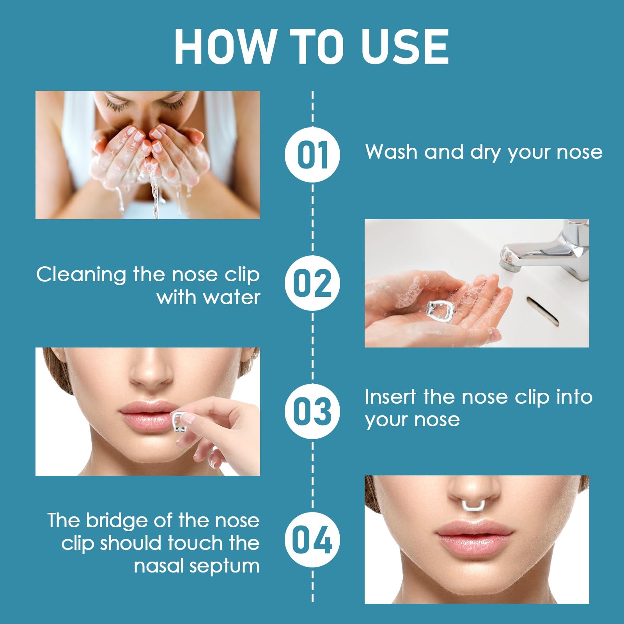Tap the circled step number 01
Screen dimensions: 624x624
pos(312,154)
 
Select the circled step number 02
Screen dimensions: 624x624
pos(312,283)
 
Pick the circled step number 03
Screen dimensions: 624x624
pos(312,411)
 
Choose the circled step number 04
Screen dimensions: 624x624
pos(312,540)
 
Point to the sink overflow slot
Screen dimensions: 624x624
pos(542,311)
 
